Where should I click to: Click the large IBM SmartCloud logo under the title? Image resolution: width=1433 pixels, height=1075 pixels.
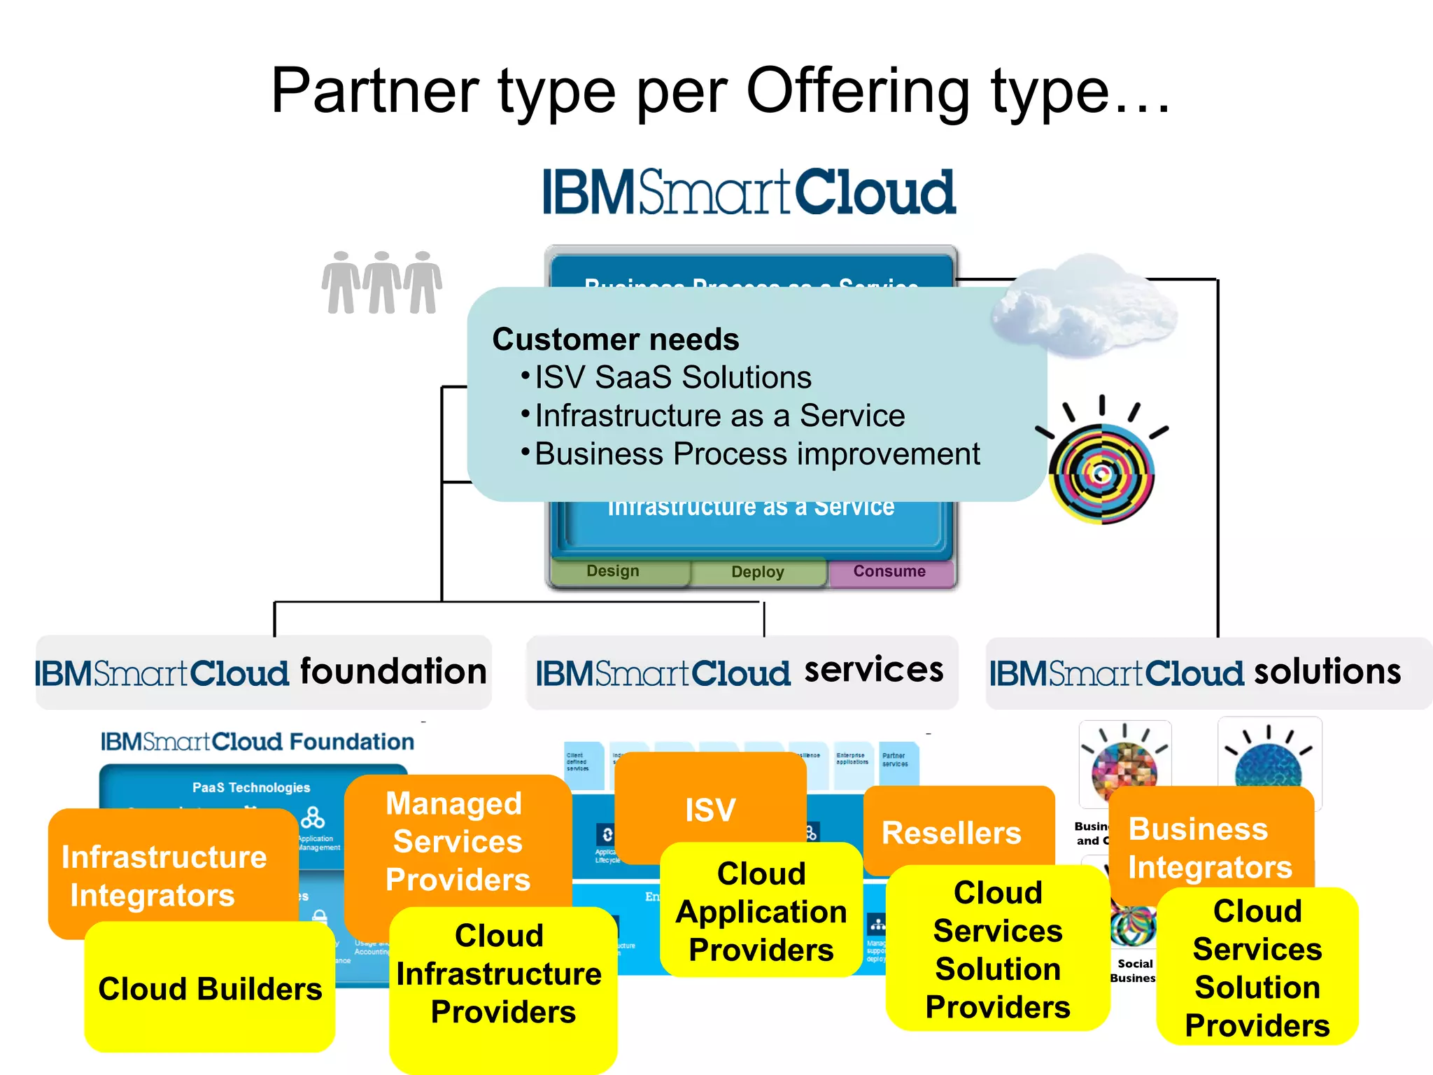749,192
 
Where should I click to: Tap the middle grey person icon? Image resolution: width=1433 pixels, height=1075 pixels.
382,283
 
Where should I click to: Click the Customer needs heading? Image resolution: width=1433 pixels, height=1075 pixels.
615,339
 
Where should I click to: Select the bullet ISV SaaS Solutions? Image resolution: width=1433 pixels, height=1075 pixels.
672,378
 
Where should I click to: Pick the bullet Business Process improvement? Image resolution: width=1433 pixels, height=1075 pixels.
756,454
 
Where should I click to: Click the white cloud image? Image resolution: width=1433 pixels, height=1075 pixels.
1085,308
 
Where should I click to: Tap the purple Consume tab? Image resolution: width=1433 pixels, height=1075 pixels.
889,572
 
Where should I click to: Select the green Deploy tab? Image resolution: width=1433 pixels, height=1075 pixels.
758,572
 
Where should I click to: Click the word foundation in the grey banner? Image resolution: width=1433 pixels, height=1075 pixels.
393,672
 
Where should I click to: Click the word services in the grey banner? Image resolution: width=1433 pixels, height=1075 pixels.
874,670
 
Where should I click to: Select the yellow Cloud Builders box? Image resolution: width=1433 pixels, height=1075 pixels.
210,989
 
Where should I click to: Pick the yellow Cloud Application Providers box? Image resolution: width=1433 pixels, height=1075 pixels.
761,911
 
